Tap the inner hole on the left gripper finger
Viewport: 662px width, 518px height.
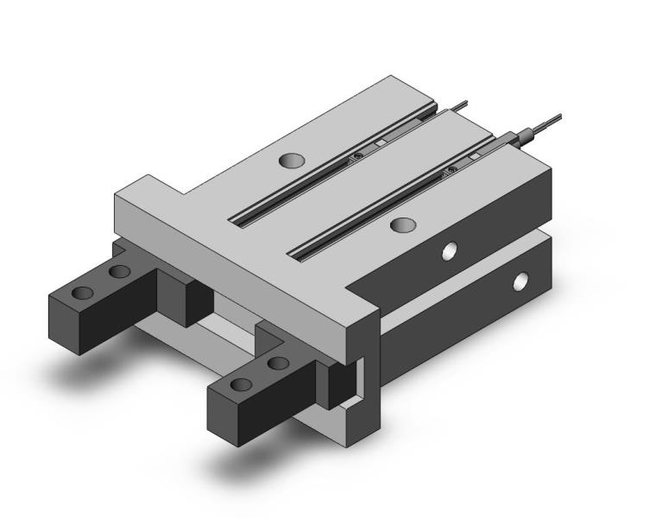point(119,272)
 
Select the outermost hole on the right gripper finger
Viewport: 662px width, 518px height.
point(243,383)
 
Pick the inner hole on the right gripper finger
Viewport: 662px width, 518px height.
point(278,363)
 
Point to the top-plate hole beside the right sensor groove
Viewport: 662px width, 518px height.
point(402,225)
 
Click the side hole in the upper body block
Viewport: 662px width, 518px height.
point(449,251)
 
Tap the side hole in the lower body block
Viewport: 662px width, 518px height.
point(520,281)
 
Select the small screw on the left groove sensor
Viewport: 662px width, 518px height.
point(356,156)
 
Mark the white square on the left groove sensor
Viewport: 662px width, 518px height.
point(381,142)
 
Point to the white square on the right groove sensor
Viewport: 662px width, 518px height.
point(474,155)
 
